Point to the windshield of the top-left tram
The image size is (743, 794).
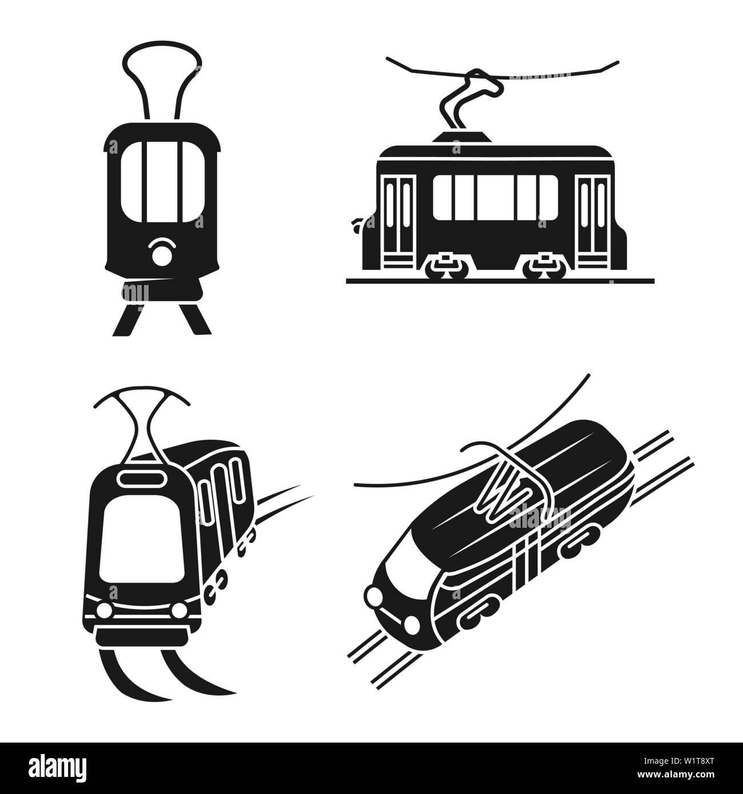pyautogui.click(x=162, y=181)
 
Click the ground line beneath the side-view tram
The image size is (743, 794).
pyautogui.click(x=500, y=280)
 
